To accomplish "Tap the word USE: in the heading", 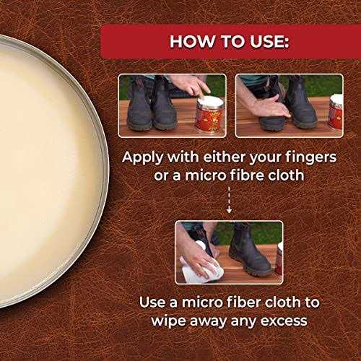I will click(x=266, y=40).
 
